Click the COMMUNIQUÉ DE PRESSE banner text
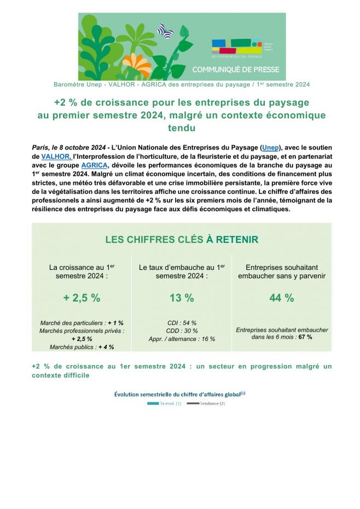pyautogui.click(x=235, y=70)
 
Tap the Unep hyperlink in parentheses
pyautogui.click(x=270, y=148)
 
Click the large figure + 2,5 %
pyautogui.click(x=82, y=298)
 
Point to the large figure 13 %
pyautogui.click(x=182, y=298)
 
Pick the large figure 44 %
pyautogui.click(x=281, y=298)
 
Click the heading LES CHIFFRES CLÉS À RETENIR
pyautogui.click(x=182, y=240)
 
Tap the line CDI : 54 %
pyautogui.click(x=182, y=323)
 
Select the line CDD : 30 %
pyautogui.click(x=182, y=331)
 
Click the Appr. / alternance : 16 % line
pyautogui.click(x=182, y=339)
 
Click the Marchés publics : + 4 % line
pyautogui.click(x=82, y=347)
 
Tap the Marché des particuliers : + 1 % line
pyautogui.click(x=82, y=323)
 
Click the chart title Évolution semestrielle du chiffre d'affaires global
pyautogui.click(x=179, y=394)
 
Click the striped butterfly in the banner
pyautogui.click(x=165, y=31)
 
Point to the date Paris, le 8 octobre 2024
pyautogui.click(x=68, y=148)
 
